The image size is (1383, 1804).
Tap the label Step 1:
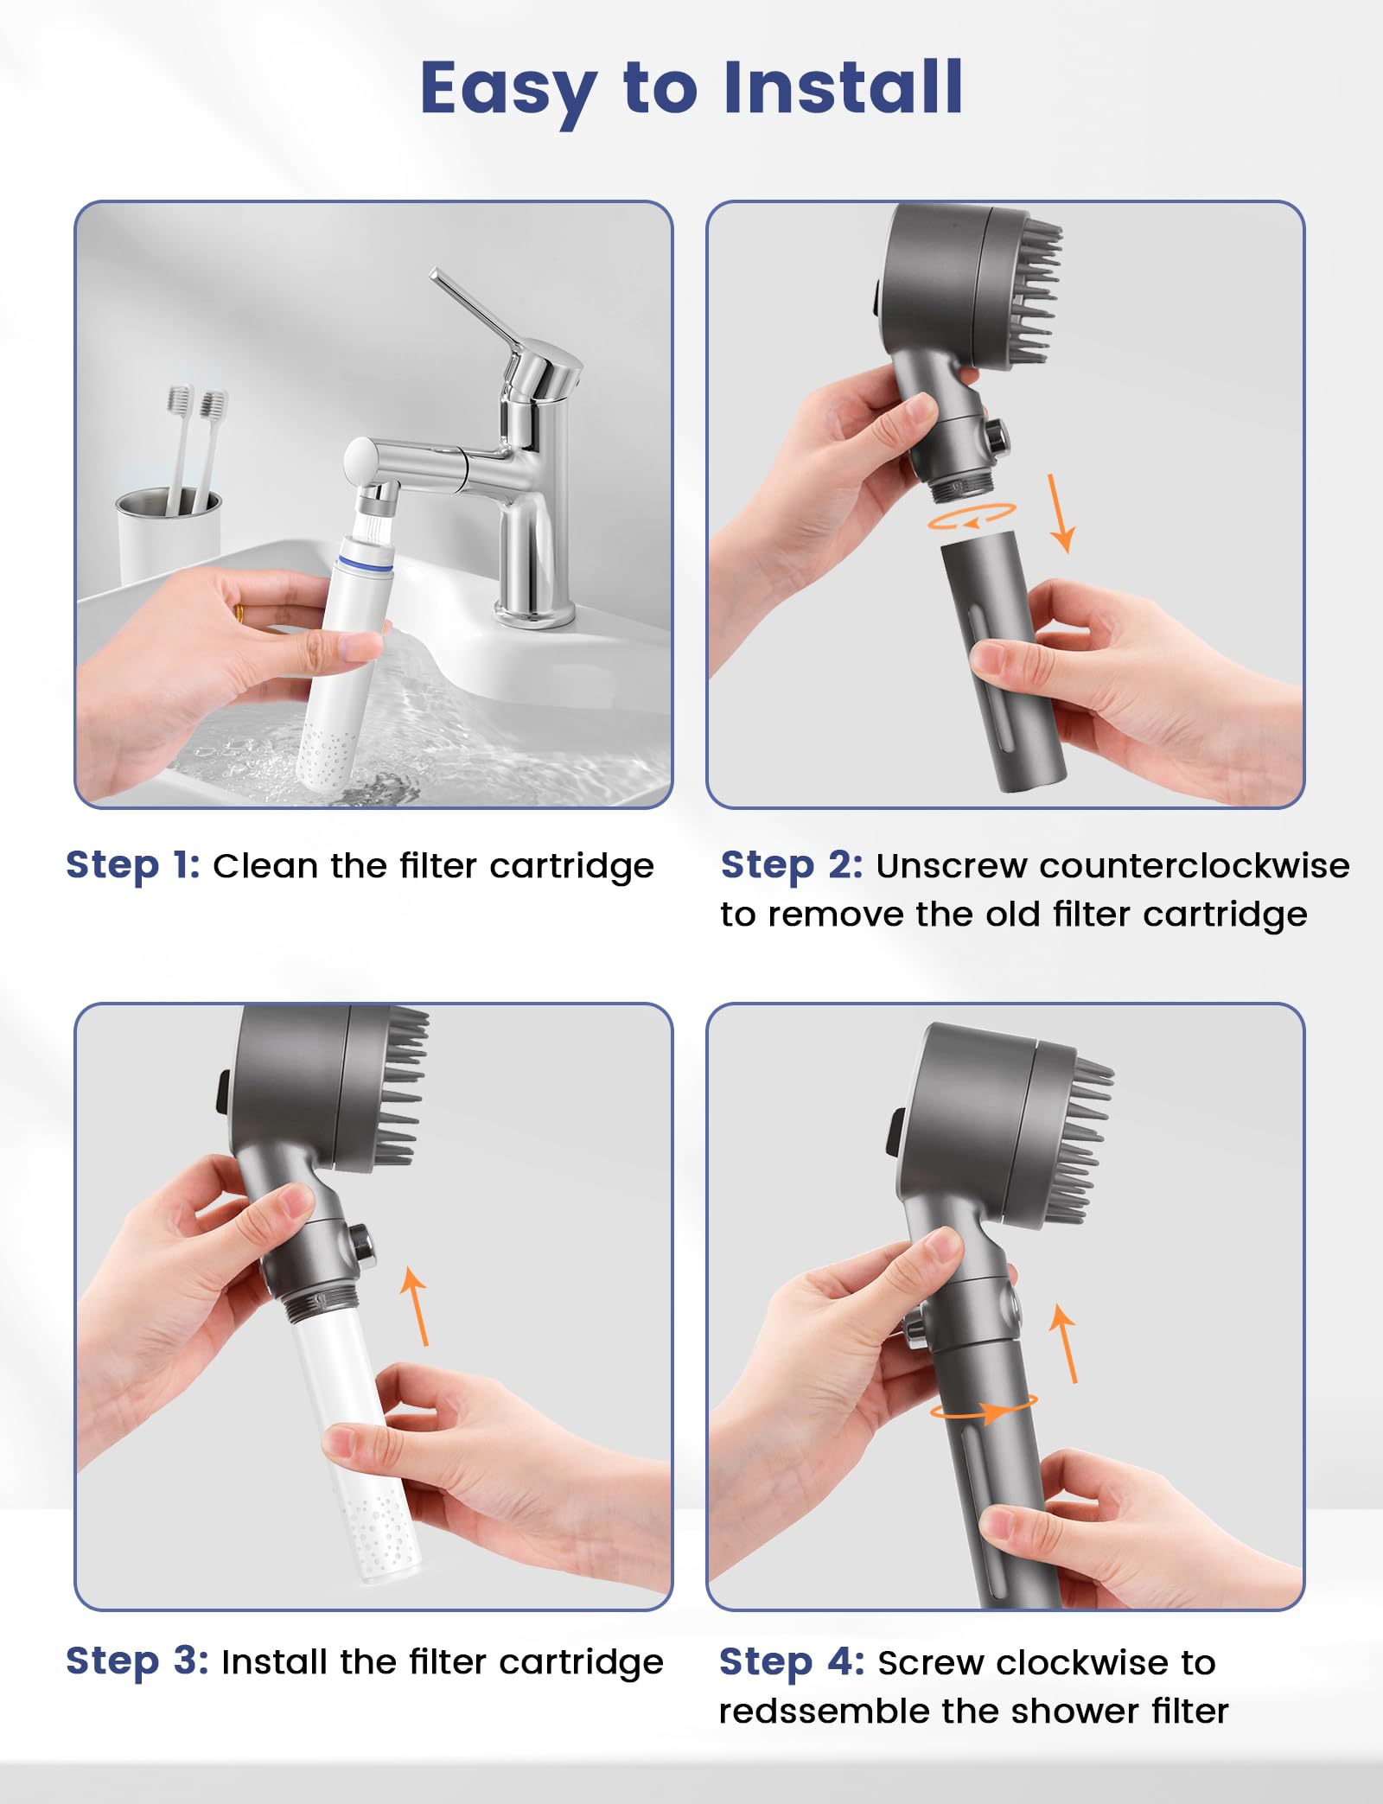point(132,864)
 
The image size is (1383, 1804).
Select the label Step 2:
point(791,864)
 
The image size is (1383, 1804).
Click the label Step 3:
point(137,1661)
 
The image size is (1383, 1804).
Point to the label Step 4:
point(791,1661)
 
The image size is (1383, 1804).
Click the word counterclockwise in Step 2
point(1112,865)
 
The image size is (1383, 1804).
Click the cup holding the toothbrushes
point(169,532)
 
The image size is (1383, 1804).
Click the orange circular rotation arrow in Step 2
point(972,516)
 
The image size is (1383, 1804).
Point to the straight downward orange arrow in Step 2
point(1060,513)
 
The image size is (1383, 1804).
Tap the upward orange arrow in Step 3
point(416,1306)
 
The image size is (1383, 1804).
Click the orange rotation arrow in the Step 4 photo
point(984,1411)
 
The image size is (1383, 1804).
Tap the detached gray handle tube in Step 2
point(1003,661)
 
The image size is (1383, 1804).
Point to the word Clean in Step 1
point(266,865)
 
